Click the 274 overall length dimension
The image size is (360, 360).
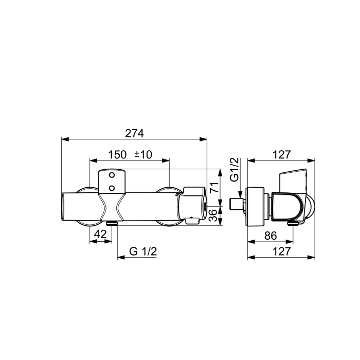pos(135,133)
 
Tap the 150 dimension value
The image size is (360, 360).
pos(117,155)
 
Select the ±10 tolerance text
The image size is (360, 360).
pos(143,155)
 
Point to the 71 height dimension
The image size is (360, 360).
pos(214,188)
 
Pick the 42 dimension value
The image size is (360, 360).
pos(101,234)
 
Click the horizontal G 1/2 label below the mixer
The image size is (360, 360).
pos(143,251)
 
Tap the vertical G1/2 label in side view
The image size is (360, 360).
pos(235,170)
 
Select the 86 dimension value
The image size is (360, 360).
pos(271,236)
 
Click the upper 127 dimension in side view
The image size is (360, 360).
pos(282,155)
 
